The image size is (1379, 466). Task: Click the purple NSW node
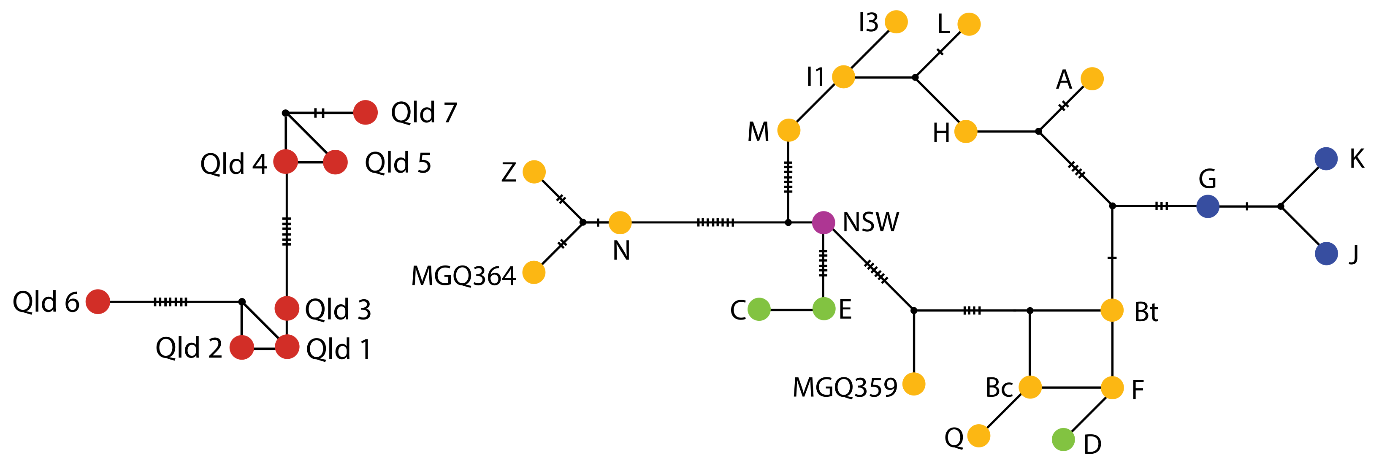[x=824, y=222]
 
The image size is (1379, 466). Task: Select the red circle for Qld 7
[x=366, y=112]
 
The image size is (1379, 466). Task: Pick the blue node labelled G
[x=1208, y=206]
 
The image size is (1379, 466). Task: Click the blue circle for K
[x=1326, y=159]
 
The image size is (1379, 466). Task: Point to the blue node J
[x=1326, y=253]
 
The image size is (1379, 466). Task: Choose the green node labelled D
[x=1063, y=440]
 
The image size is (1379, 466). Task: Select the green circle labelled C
[x=759, y=309]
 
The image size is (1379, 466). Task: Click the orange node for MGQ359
[x=914, y=384]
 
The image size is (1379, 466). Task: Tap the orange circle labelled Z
[x=534, y=171]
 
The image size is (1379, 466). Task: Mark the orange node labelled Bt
[x=1112, y=310]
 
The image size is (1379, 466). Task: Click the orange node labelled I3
[x=896, y=22]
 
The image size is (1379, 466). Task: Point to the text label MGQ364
[x=463, y=276]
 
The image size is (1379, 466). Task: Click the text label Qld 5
[x=398, y=163]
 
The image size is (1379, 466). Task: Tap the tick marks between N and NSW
[x=715, y=222]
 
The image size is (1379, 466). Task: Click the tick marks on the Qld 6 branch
[x=170, y=302]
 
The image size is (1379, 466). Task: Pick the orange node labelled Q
[x=978, y=436]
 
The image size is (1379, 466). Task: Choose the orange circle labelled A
[x=1092, y=79]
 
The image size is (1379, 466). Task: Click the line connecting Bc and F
[x=1070, y=387]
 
